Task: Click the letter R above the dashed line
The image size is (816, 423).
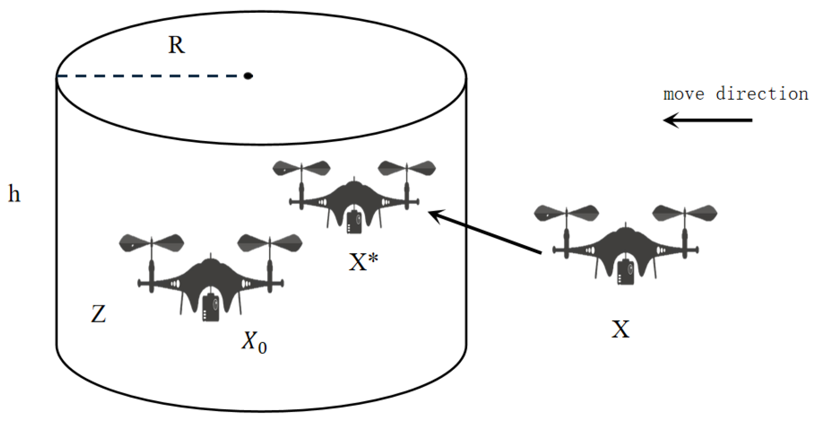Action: click(x=176, y=46)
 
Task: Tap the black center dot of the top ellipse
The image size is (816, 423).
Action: click(x=248, y=76)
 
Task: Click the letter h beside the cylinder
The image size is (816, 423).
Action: click(x=14, y=193)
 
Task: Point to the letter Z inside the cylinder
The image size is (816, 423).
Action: click(x=98, y=314)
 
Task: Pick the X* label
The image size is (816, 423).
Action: click(x=363, y=262)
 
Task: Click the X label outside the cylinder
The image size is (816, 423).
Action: click(x=620, y=329)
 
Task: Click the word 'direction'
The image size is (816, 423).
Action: click(x=761, y=94)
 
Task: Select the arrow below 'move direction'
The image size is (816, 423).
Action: click(x=707, y=120)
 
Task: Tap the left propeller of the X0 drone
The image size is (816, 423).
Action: click(x=151, y=243)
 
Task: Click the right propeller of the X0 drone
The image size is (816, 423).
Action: click(x=269, y=243)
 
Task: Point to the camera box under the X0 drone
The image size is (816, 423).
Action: click(x=211, y=308)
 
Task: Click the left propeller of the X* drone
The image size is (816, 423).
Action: click(x=301, y=168)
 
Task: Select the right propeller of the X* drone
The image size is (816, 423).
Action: click(x=407, y=168)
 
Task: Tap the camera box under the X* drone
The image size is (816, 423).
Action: click(x=354, y=222)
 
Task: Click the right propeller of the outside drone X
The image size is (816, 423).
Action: click(x=685, y=213)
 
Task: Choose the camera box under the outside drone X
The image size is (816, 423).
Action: click(x=626, y=272)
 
